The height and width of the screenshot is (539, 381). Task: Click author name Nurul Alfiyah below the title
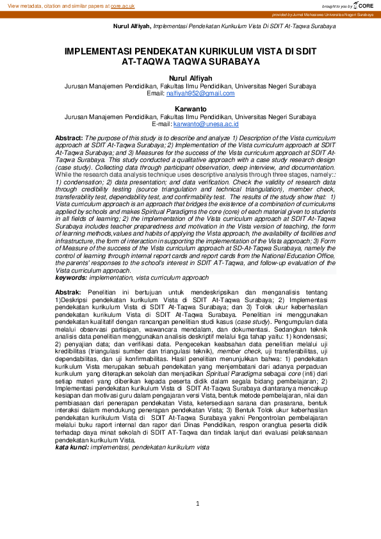pos(190,78)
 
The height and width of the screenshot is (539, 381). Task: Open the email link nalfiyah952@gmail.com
pos(200,93)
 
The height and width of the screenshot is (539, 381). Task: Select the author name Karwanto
pos(190,109)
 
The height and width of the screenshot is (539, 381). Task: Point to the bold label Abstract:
pos(69,138)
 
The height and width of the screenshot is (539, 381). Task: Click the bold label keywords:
pos(71,278)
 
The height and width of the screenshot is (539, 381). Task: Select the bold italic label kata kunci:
pos(72,448)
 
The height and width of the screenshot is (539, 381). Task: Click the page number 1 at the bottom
pos(198,504)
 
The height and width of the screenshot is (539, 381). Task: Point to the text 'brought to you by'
pos(336,6)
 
